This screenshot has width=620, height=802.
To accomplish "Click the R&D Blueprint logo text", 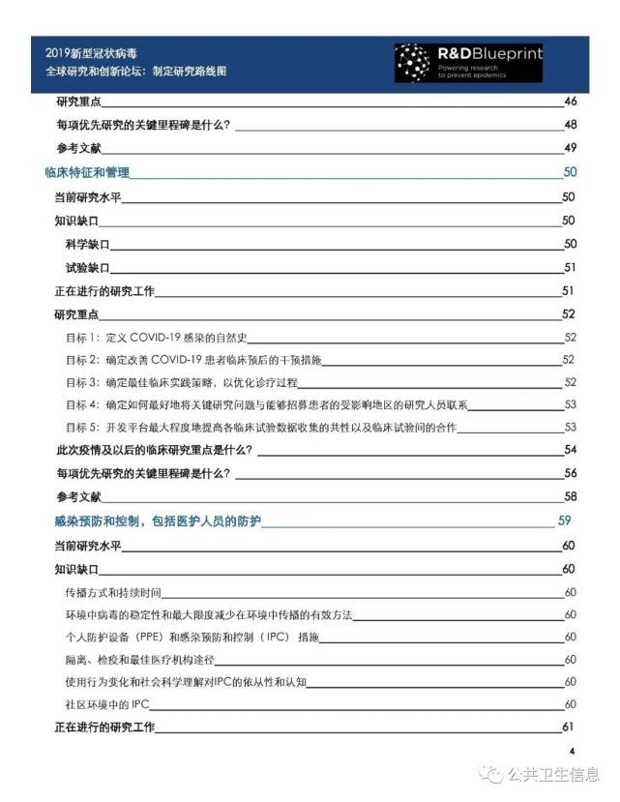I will click(502, 54).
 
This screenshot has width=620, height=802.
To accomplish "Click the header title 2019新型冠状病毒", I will click(98, 53).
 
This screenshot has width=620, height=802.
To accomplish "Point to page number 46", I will click(570, 102).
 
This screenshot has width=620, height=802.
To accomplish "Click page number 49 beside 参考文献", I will click(570, 148).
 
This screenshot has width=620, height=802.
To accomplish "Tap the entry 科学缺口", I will click(87, 244).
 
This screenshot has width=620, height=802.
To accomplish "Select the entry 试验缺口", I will click(87, 267).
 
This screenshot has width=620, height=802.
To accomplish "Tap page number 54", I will click(570, 450).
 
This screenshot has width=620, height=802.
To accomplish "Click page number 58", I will click(570, 497).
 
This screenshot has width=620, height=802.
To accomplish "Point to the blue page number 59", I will click(565, 520).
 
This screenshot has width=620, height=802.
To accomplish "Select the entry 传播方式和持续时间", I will click(112, 591).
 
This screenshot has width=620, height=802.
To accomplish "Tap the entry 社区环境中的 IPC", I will click(100, 704).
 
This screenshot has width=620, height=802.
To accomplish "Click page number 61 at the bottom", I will click(569, 728).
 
